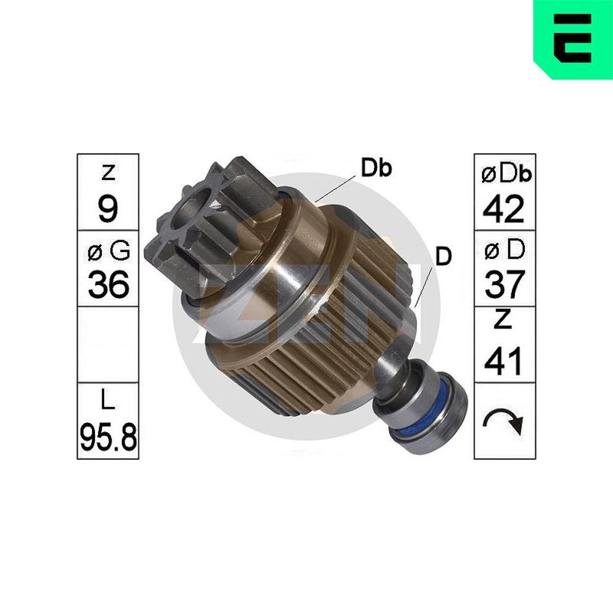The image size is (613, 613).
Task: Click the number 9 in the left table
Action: [108, 208]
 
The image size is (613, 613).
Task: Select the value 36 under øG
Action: [108, 284]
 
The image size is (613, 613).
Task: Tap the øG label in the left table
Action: [109, 251]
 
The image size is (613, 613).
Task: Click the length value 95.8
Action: [108, 438]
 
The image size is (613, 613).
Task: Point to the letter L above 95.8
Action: [108, 399]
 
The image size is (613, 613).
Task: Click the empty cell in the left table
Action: [108, 344]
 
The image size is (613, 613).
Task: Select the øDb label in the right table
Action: [506, 175]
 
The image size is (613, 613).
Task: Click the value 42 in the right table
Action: [503, 209]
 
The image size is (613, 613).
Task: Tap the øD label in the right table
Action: [505, 250]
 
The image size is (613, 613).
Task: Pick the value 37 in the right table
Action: [504, 284]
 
